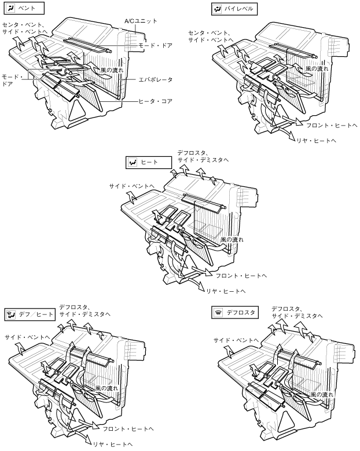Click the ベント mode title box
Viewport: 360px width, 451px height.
pyautogui.click(x=24, y=8)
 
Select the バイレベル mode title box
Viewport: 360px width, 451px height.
pyautogui.click(x=234, y=9)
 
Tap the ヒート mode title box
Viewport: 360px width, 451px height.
pyautogui.click(x=148, y=162)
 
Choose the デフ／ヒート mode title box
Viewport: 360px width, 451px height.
pyautogui.click(x=30, y=314)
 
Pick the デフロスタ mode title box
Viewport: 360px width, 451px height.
pyautogui.click(x=235, y=313)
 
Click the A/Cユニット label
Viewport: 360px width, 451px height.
pyautogui.click(x=141, y=21)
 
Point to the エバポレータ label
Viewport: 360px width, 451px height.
pyautogui.click(x=156, y=80)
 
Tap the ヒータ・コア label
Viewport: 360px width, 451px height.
pyautogui.click(x=155, y=101)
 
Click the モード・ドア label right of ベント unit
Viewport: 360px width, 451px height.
pyautogui.click(x=155, y=45)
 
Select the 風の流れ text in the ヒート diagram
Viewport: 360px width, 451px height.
pyautogui.click(x=232, y=239)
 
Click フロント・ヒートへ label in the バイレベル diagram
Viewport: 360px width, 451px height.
pyautogui.click(x=332, y=126)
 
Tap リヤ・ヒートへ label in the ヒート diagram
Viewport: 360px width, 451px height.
pyautogui.click(x=226, y=291)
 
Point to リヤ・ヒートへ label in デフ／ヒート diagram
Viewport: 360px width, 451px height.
pyautogui.click(x=113, y=445)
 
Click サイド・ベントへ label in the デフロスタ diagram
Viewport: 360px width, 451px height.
pyautogui.click(x=236, y=340)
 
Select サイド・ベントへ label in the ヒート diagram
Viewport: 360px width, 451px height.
pyautogui.click(x=132, y=186)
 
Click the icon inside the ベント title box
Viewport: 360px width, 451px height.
pyautogui.click(x=10, y=8)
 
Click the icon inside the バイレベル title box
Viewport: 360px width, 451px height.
pyautogui.click(x=217, y=9)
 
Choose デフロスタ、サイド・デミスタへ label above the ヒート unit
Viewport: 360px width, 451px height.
pyautogui.click(x=203, y=156)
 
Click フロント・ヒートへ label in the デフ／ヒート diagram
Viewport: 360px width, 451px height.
pyautogui.click(x=128, y=429)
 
